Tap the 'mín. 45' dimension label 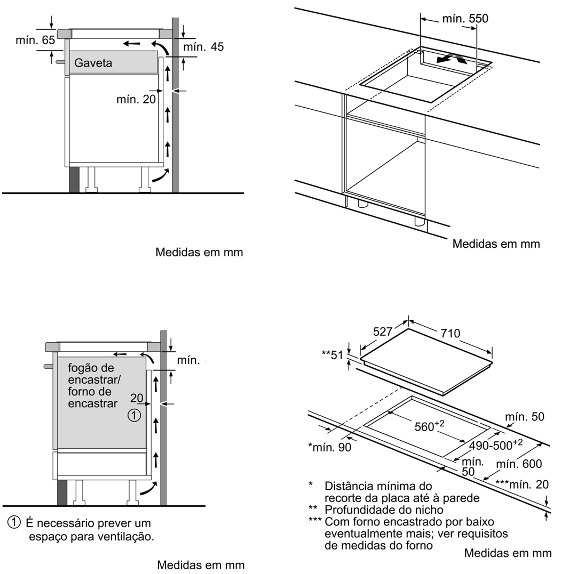[x=203, y=47]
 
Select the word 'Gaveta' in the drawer [x=93, y=63]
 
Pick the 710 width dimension [x=450, y=334]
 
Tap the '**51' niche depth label [x=331, y=355]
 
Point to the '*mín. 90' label [x=330, y=447]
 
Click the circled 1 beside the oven [x=135, y=416]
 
